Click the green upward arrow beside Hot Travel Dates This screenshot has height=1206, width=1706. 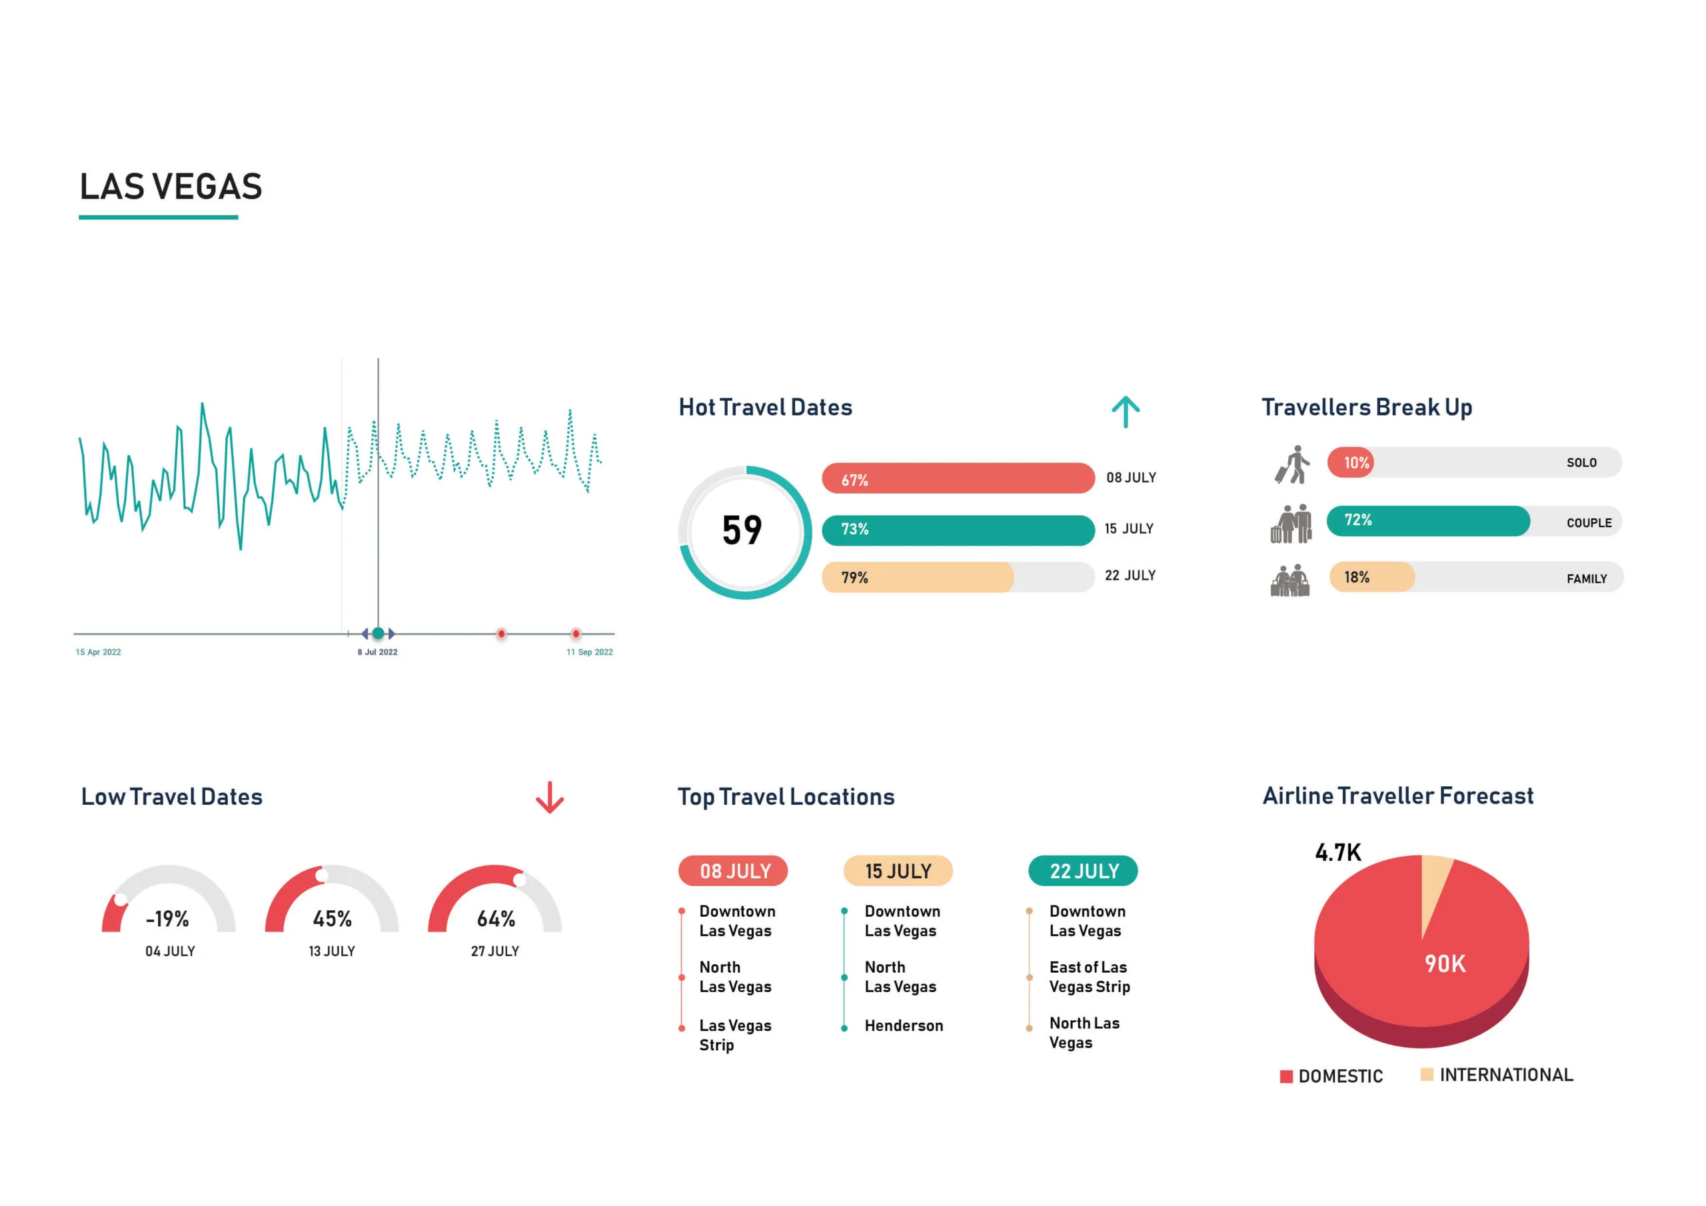(x=1125, y=412)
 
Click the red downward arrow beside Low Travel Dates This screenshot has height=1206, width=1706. (x=550, y=798)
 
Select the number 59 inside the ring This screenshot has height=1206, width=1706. (x=742, y=530)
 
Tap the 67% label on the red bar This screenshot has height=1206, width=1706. (x=854, y=480)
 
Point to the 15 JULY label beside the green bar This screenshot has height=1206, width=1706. (x=1129, y=528)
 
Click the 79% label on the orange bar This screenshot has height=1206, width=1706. (x=854, y=578)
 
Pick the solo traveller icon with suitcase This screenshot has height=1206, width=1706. (x=1293, y=464)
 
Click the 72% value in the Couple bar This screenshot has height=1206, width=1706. (x=1357, y=520)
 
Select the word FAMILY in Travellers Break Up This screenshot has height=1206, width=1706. (x=1586, y=579)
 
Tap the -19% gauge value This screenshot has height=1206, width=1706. (x=168, y=919)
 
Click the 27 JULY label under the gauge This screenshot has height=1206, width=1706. (x=495, y=951)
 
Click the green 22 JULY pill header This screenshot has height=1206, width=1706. (x=1084, y=871)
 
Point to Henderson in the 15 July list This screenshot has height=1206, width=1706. (x=904, y=1025)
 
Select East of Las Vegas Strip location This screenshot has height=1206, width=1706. (x=1090, y=976)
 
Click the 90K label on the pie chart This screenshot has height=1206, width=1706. (x=1445, y=963)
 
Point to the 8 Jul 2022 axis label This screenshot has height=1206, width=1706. (x=377, y=652)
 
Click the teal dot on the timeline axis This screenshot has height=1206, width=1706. (x=379, y=633)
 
